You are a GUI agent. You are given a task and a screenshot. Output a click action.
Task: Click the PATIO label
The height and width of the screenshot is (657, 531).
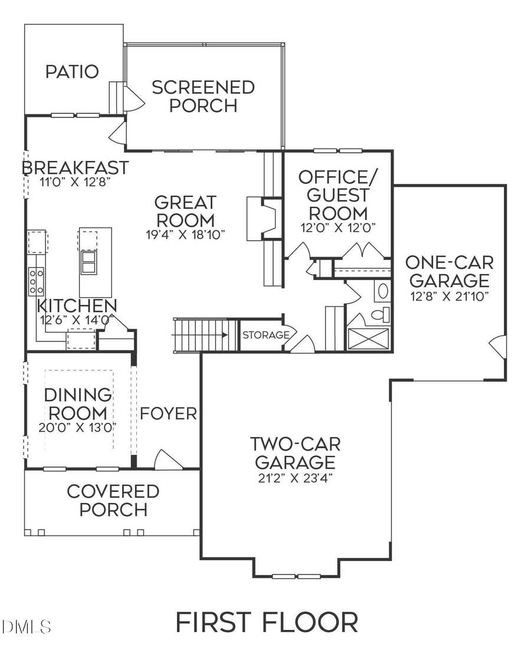71,72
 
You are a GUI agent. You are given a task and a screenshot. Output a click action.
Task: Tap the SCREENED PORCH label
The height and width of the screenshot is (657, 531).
203,97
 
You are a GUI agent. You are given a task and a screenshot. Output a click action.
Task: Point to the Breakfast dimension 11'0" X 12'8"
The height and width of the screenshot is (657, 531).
75,182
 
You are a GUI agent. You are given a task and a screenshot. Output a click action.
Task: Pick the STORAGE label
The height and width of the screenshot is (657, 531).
265,335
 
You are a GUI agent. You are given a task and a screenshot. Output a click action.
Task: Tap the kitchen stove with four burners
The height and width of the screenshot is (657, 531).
37,281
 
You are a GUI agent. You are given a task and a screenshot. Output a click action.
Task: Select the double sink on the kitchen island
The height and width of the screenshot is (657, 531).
88,262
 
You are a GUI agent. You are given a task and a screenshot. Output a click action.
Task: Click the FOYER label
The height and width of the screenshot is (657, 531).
168,413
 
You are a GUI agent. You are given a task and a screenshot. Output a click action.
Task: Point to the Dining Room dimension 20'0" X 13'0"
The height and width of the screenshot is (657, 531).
78,427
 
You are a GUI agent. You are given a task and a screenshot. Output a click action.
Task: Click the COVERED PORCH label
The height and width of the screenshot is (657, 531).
113,500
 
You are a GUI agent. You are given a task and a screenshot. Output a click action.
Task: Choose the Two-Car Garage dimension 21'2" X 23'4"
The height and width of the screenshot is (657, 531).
295,478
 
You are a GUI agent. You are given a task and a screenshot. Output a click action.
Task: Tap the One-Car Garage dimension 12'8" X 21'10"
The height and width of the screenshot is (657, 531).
450,297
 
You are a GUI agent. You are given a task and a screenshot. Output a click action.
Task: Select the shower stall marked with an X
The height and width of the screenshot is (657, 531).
368,340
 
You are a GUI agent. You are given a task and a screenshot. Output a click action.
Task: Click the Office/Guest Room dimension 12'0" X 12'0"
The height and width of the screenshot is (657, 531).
338,226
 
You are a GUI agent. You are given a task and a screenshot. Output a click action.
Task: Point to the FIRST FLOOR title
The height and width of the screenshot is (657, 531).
267,622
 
